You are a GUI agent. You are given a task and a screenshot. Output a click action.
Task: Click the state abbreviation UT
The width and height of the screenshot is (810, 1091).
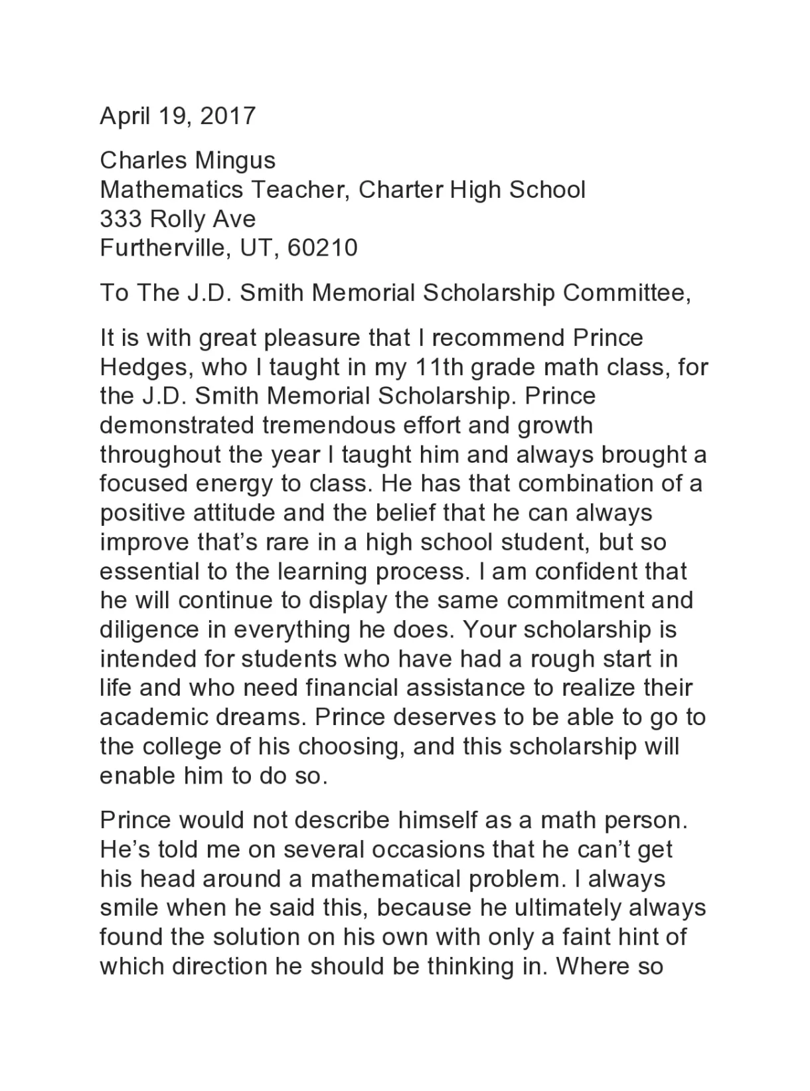pos(256,248)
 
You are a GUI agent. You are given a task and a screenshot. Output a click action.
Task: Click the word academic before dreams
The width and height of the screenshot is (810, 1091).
pos(152,718)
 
